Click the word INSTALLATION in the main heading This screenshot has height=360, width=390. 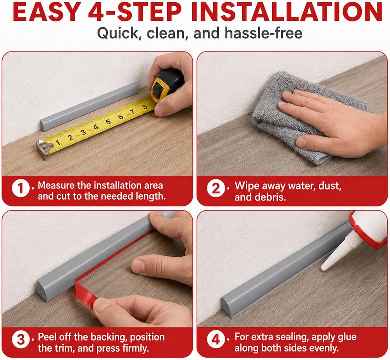click(287, 12)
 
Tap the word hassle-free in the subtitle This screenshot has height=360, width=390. click(263, 33)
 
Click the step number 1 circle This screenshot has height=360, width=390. click(21, 188)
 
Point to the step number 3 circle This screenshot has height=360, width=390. click(21, 340)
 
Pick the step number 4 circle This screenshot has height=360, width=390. click(216, 340)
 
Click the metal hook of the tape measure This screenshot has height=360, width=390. click(44, 149)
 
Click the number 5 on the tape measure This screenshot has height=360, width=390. click(108, 122)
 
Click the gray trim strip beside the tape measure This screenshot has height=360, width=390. click(89, 107)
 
